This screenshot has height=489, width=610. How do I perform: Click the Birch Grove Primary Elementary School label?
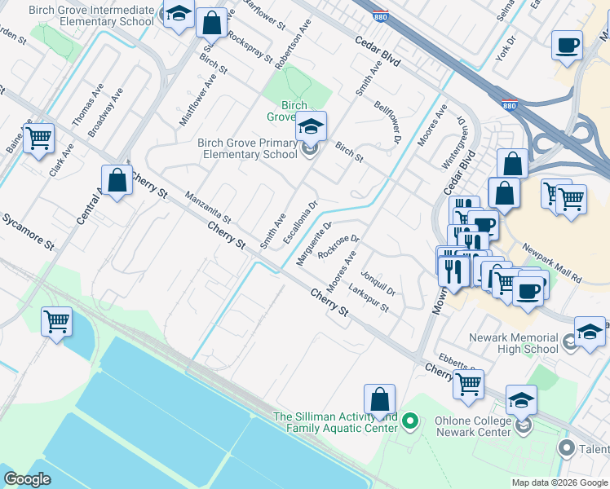[x=247, y=148]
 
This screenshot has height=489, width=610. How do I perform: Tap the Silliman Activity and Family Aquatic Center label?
[x=335, y=422]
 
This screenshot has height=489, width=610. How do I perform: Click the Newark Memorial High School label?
[x=514, y=343]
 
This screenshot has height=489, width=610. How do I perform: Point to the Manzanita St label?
[x=209, y=208]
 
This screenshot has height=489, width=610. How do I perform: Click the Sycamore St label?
[x=27, y=232]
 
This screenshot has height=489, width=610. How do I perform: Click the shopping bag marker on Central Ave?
[x=117, y=180]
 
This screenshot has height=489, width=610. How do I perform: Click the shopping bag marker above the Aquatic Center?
[x=379, y=400]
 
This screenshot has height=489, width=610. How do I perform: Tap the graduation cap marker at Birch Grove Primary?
[x=311, y=126]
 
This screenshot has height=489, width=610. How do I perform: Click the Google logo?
[x=29, y=479]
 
